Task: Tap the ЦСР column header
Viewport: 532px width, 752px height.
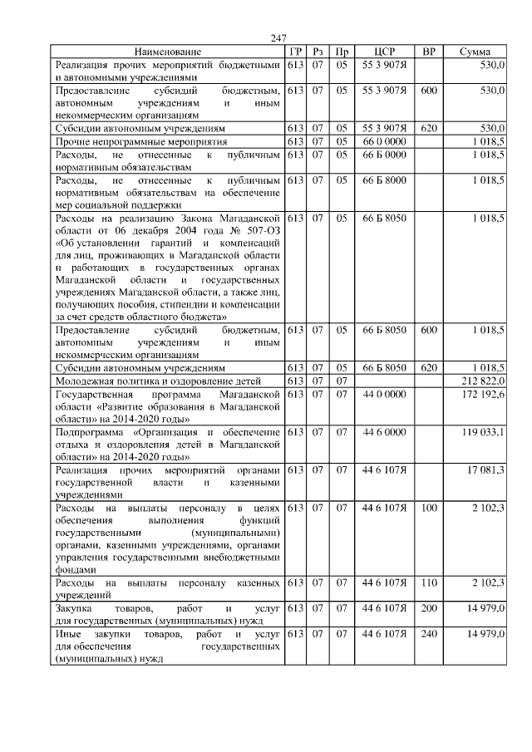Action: [x=384, y=52]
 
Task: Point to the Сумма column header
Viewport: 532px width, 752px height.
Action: [x=480, y=52]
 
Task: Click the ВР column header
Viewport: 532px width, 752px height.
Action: [x=429, y=52]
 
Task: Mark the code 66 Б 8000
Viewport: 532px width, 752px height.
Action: [x=384, y=180]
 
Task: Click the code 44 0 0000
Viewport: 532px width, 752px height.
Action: [x=384, y=393]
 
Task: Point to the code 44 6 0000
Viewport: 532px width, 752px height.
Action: [x=384, y=432]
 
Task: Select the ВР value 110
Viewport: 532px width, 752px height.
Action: [x=429, y=583]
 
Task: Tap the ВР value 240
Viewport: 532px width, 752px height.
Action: [x=429, y=635]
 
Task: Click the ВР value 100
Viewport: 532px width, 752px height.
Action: [x=429, y=507]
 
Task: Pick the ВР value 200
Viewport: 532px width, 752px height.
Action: [x=429, y=609]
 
